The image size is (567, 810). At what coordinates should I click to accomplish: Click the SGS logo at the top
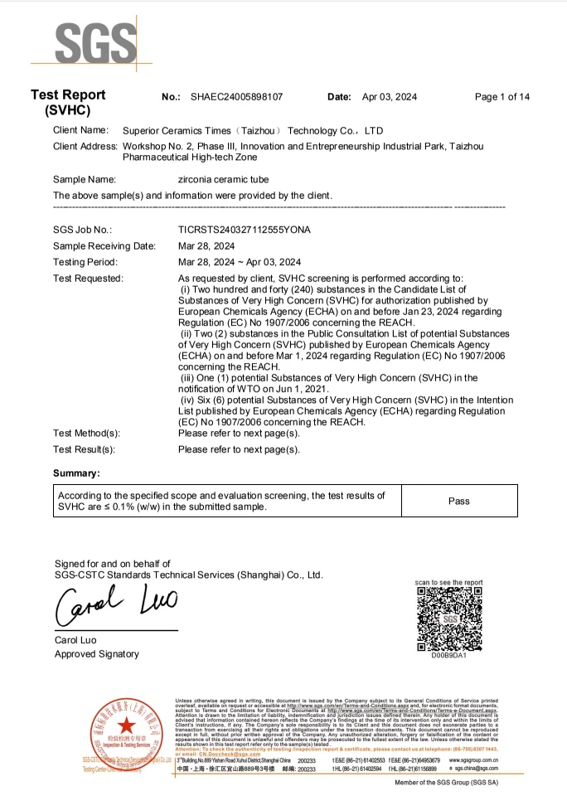pos(84,40)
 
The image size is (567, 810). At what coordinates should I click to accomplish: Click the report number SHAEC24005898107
pos(236,97)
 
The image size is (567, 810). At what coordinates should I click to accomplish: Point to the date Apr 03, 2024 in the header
pos(395,97)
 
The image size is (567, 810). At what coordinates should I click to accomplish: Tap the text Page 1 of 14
pos(502,97)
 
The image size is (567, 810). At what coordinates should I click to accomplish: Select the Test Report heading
pos(68,96)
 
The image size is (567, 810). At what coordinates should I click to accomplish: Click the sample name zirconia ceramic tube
pos(224,179)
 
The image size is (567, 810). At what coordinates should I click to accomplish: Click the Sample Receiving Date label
pos(104,246)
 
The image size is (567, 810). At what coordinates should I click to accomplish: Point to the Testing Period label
pos(85,262)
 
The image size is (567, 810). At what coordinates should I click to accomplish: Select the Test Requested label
pos(88,279)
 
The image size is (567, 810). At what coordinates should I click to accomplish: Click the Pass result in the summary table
pos(458,501)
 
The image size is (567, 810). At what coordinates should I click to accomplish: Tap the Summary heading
pos(76,473)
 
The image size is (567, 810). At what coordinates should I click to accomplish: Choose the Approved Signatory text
pos(97,654)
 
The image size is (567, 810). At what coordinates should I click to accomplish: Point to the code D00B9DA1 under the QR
pos(448,656)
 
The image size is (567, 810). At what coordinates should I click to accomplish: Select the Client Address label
pos(85,146)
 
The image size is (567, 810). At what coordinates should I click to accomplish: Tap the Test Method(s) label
pos(86,433)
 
